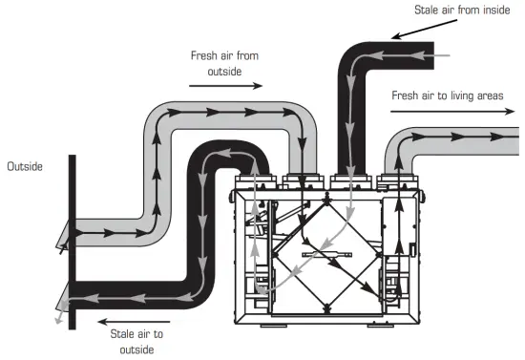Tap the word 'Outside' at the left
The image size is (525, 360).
pos(26,167)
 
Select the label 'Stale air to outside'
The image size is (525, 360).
pos(135,342)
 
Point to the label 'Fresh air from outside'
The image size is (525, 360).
pos(224,63)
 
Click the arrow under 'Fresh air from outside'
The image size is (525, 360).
pos(224,86)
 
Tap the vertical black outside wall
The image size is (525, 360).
pos(70,239)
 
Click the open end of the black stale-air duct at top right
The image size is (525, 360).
pos(434,58)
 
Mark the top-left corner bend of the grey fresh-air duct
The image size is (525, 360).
pos(159,122)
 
